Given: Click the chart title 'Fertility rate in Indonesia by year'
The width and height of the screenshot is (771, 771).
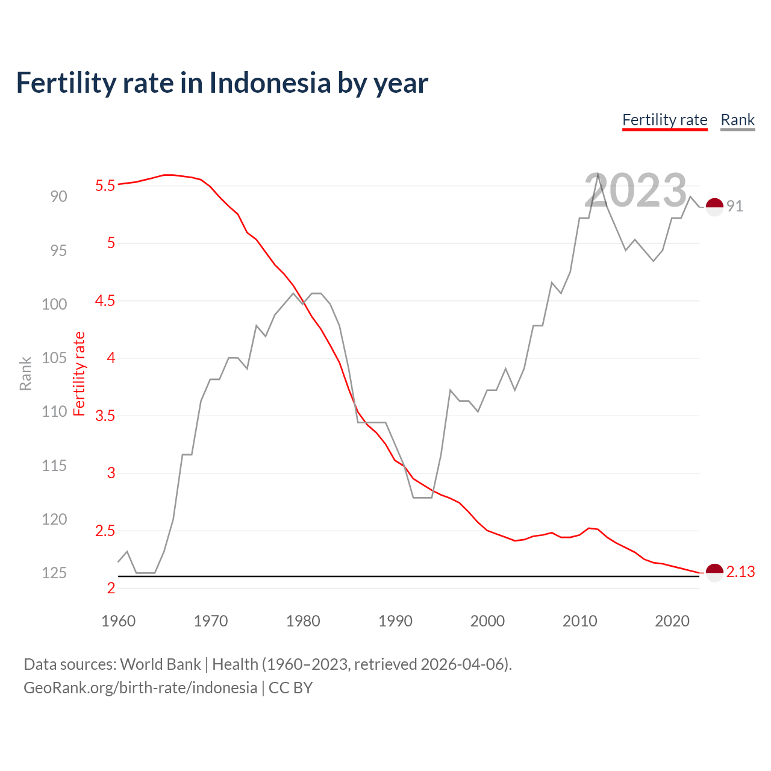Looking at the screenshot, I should tap(222, 83).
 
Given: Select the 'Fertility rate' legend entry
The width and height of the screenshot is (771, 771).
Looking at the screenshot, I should tap(664, 120).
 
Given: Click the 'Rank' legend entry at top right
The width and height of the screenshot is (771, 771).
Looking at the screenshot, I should tap(737, 120).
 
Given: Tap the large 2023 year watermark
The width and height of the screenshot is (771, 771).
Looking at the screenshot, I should tap(635, 190).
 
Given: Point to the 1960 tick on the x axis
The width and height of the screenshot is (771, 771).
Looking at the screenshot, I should tap(119, 621).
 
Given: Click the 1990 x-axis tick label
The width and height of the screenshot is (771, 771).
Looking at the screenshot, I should tap(395, 621).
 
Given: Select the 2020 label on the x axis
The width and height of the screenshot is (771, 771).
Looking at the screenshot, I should tap(672, 621).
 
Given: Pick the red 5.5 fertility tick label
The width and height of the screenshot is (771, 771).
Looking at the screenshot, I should tap(105, 186).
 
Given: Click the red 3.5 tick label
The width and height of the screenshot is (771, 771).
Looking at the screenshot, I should tap(105, 416).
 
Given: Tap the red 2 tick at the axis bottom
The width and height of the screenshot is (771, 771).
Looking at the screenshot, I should tap(111, 588).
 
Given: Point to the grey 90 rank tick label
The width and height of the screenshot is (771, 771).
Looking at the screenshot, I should tap(59, 196).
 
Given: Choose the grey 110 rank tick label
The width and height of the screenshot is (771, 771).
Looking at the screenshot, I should tap(54, 411).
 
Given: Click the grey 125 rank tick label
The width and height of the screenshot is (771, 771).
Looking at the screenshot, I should tap(54, 573).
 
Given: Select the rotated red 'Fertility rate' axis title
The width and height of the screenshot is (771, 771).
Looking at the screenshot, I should tap(79, 373).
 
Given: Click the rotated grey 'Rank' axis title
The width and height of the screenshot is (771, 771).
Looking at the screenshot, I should tap(25, 373).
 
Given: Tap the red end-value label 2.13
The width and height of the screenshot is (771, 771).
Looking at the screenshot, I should tap(740, 572).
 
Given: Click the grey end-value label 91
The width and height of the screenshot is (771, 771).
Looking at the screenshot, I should tap(734, 206).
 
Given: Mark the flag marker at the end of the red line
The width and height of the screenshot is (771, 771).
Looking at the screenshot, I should tap(714, 573).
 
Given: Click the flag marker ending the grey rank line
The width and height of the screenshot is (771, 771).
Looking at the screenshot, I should tap(714, 207).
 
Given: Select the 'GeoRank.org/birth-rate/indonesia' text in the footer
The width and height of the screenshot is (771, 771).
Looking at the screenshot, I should tap(140, 688).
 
